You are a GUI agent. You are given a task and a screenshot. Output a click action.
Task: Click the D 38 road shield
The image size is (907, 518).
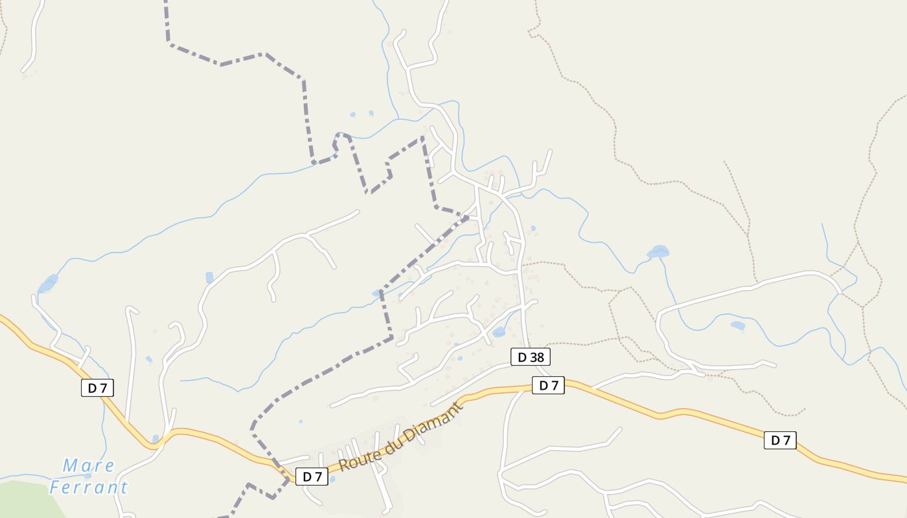(530, 357)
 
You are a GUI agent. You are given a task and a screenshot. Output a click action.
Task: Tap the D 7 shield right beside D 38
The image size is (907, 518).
(548, 385)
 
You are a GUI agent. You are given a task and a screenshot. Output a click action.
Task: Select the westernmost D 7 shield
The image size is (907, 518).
(97, 388)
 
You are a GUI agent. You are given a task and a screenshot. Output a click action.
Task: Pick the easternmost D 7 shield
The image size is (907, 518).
(780, 440)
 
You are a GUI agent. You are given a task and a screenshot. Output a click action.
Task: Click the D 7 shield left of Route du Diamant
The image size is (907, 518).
(312, 477)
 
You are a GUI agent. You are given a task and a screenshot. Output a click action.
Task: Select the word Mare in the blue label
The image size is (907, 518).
(89, 466)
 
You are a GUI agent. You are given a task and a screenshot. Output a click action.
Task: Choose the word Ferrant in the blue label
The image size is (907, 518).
(89, 487)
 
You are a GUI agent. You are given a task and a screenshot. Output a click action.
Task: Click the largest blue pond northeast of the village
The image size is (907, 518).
(658, 251)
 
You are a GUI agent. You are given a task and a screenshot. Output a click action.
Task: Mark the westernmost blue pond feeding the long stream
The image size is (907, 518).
(47, 283)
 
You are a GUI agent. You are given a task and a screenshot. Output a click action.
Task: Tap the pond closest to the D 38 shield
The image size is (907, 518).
(498, 332)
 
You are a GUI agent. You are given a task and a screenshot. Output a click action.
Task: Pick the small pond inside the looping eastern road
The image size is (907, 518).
(737, 326)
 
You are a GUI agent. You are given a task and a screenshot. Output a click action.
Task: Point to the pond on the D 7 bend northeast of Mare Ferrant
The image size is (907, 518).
(155, 438)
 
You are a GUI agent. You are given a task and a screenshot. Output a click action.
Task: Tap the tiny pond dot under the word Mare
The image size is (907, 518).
(87, 475)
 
